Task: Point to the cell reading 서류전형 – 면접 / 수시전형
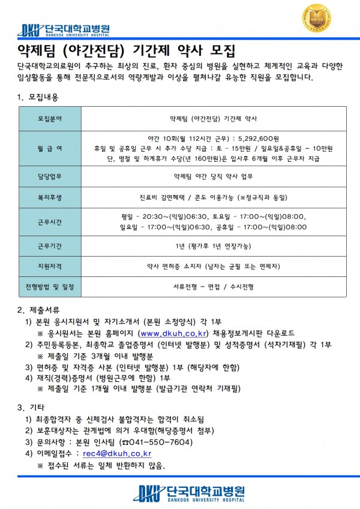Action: [x=213, y=287]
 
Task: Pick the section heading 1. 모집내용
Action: [x=38, y=97]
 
